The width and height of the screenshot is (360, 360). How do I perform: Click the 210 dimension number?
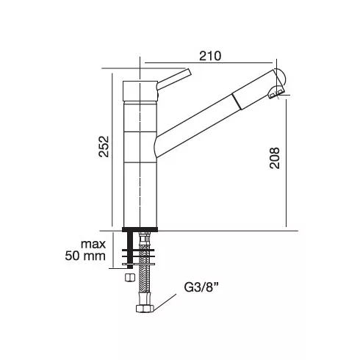click(x=210, y=56)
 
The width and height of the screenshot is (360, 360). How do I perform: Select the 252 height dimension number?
click(x=104, y=146)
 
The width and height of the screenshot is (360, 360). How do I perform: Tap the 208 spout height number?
click(x=275, y=158)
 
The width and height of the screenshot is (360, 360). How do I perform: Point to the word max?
click(x=93, y=244)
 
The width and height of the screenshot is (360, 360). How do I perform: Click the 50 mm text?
click(x=85, y=256)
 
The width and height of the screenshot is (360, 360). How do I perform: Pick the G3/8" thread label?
click(x=201, y=287)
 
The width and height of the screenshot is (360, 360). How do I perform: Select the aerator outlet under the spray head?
click(x=276, y=93)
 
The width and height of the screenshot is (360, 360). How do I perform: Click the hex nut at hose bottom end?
click(x=145, y=309)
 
